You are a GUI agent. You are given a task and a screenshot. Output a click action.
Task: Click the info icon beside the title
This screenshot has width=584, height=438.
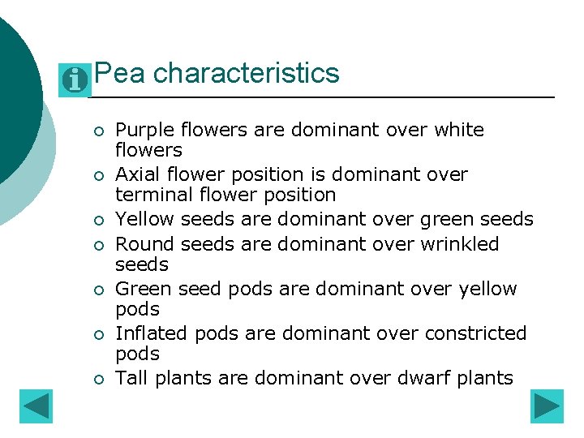[x=75, y=80]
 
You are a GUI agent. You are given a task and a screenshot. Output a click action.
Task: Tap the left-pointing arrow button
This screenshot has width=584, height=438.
[x=36, y=406]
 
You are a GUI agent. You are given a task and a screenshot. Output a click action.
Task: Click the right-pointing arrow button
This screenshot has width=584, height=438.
[x=547, y=406]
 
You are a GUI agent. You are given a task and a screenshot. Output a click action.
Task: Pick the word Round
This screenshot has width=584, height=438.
[x=140, y=244]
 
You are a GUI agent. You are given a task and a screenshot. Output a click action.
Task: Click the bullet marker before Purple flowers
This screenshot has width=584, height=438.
[x=97, y=131]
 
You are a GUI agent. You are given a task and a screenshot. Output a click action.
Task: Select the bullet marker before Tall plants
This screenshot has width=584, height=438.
[x=97, y=379]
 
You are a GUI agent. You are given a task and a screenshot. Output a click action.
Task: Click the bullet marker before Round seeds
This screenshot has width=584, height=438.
[x=97, y=245]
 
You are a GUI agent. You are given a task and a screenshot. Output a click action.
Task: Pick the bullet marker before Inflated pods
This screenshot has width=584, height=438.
[x=97, y=334]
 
